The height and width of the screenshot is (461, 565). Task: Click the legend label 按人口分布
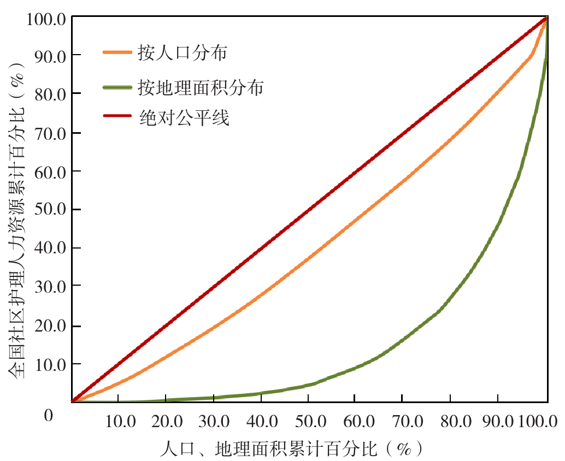pyautogui.click(x=183, y=53)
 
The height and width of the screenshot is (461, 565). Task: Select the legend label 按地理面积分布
pyautogui.click(x=201, y=87)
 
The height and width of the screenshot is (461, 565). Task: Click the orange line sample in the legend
pyautogui.click(x=117, y=52)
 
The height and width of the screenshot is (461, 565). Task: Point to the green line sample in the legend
pyautogui.click(x=117, y=86)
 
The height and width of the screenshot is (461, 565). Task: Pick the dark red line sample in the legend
pyautogui.click(x=117, y=117)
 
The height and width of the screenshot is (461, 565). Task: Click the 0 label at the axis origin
pyautogui.click(x=48, y=416)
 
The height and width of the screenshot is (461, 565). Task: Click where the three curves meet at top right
pyautogui.click(x=546, y=18)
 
